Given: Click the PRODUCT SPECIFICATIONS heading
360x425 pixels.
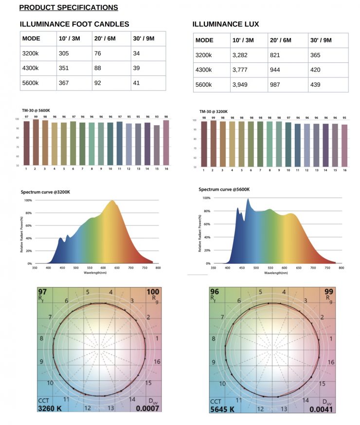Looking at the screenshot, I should coord(68,7).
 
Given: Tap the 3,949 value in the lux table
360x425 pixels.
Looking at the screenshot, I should coord(241,85).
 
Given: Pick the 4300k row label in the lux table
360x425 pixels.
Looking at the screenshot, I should coord(204,70).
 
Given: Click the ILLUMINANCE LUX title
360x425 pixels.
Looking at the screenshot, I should coord(226,24).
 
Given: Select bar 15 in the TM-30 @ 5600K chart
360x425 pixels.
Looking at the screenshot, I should coord(157,145).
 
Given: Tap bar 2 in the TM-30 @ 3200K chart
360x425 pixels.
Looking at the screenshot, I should coord(214,144).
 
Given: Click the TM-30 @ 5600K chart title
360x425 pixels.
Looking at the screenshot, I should coord(36,111).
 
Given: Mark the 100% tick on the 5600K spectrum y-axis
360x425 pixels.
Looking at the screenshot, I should coord(206,198).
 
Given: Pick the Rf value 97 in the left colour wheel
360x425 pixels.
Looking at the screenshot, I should coord(43,291).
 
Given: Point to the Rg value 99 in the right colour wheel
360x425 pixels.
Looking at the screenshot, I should coord(329,292).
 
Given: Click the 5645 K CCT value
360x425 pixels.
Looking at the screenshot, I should coord(223,409).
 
